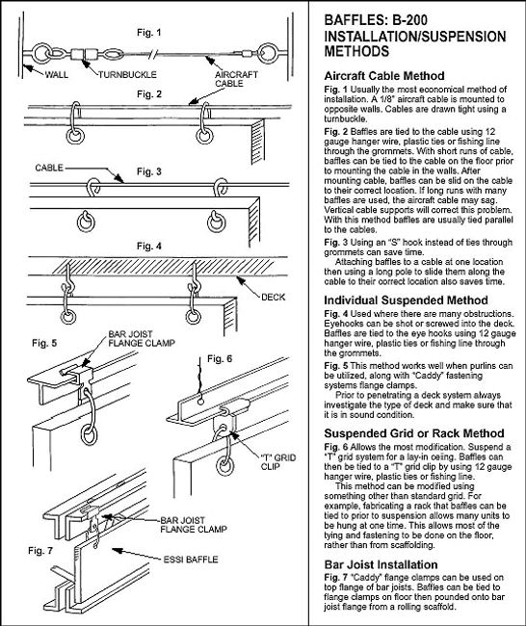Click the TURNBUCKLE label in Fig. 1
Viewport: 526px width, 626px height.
[127, 74]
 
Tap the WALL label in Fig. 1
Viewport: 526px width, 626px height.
[56, 74]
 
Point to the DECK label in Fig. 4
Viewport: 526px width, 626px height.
[274, 297]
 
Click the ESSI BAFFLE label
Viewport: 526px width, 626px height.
[191, 560]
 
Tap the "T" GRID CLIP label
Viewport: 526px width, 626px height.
[278, 462]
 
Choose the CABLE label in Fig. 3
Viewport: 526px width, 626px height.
[49, 168]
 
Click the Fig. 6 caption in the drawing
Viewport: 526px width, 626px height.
[220, 359]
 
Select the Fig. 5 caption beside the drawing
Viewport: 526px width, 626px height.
[44, 343]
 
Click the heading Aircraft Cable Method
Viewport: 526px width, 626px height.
[384, 76]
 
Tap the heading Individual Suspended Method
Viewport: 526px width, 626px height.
[406, 300]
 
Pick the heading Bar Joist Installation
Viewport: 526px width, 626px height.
[381, 564]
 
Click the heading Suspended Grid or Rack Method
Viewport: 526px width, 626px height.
[414, 433]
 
